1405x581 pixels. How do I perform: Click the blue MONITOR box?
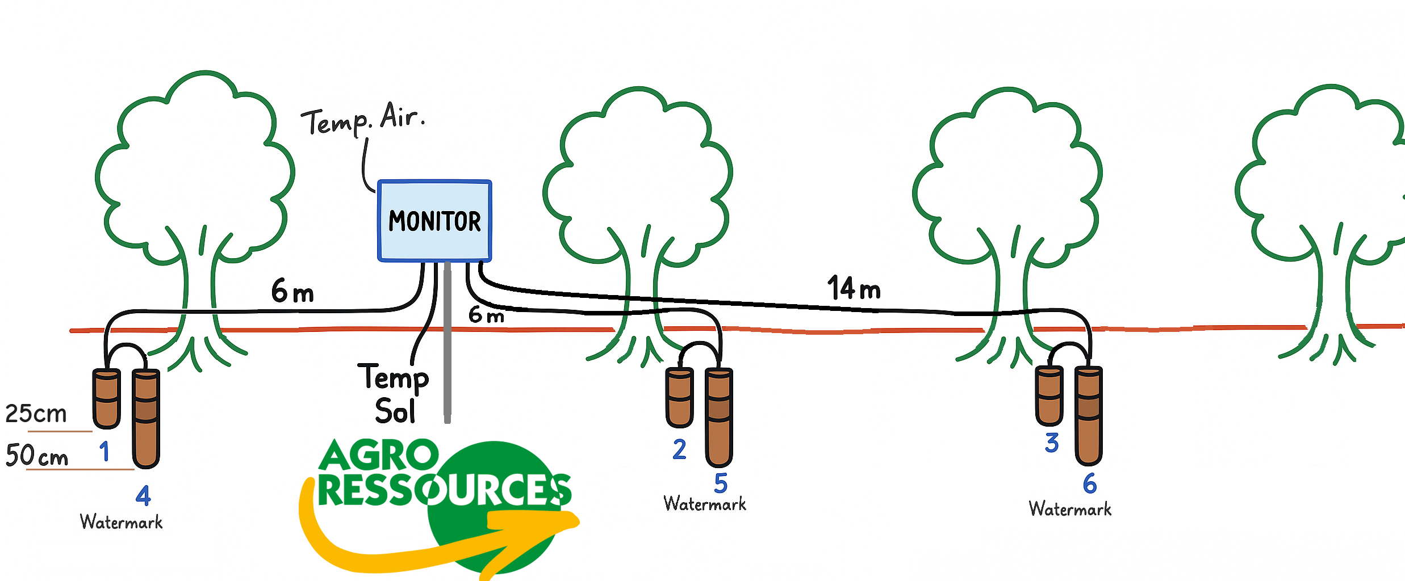point(434,221)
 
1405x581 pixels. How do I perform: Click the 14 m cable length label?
point(854,288)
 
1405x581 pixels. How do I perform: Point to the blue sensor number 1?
point(104,452)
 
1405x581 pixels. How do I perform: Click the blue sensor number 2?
point(679,449)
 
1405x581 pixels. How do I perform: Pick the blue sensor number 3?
point(1052,443)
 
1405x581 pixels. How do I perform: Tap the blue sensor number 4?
point(143,496)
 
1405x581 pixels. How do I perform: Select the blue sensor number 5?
point(721,483)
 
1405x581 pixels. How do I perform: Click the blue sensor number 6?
point(1089,484)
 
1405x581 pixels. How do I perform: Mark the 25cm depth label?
point(36,414)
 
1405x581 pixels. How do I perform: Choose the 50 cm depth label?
point(37,456)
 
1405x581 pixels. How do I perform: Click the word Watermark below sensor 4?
point(121,522)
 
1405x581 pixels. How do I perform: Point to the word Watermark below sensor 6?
point(1070,509)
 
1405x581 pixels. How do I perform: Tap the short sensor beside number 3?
point(1048,395)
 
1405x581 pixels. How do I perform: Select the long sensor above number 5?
point(719,417)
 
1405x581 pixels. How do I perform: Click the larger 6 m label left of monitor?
point(292,291)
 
